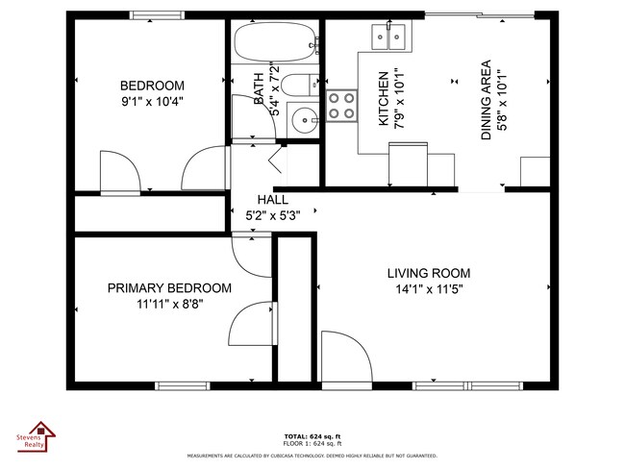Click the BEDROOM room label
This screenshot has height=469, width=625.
point(152,84)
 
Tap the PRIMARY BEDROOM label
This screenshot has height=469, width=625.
point(169,288)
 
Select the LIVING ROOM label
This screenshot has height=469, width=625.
point(429,273)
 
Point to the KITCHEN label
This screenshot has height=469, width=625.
point(383,99)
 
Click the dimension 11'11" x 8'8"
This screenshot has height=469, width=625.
point(169,304)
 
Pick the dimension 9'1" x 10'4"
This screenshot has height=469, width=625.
point(152,99)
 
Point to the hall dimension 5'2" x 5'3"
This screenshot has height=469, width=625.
point(273,215)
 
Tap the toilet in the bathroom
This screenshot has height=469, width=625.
point(300,85)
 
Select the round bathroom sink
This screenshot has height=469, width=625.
point(305,121)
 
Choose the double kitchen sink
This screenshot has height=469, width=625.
point(388,37)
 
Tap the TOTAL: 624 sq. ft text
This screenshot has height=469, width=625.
point(312,434)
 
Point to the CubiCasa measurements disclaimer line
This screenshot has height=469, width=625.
point(312,456)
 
